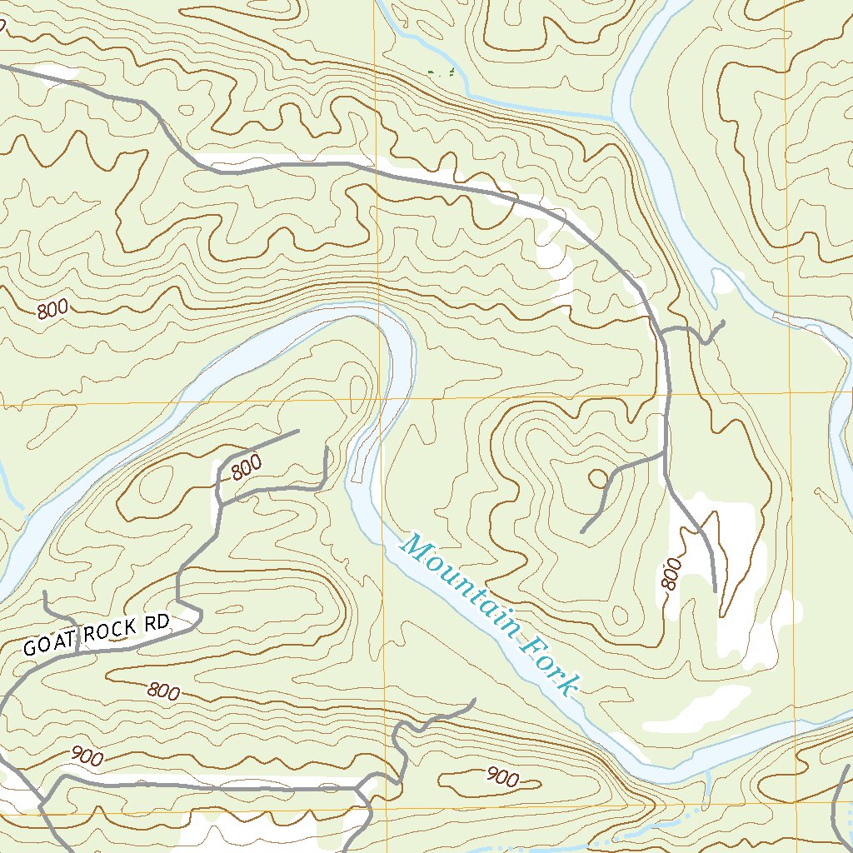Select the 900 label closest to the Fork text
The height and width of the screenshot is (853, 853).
(501, 778)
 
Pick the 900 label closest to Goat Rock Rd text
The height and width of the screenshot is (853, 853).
(87, 756)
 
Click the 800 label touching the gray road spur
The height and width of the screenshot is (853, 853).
(247, 466)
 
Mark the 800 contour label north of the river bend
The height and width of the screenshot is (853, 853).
(52, 309)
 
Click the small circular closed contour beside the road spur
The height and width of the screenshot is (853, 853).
(598, 478)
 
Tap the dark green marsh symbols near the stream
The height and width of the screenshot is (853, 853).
(441, 73)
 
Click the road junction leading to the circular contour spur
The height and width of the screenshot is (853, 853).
(664, 454)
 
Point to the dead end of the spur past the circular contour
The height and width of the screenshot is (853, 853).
(581, 531)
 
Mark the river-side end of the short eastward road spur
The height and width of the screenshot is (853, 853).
(723, 322)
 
